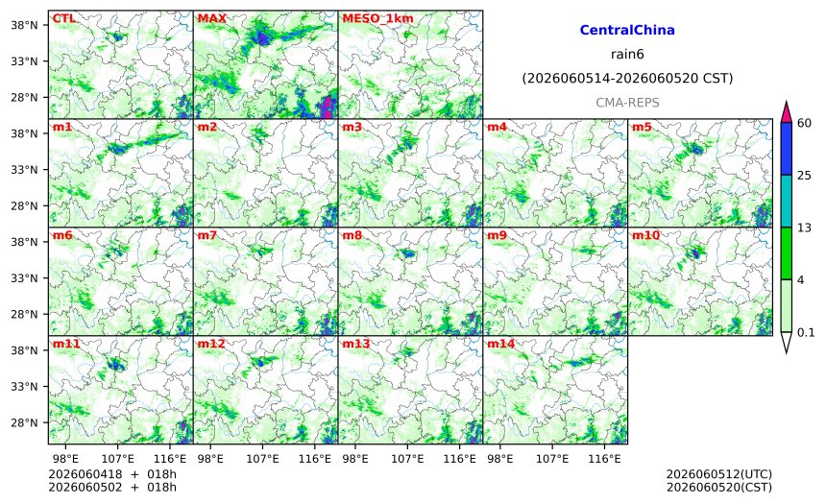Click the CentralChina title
coord(627,30)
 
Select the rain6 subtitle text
coord(627,55)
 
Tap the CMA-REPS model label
coord(627,103)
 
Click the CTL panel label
coord(63,18)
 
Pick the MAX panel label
coord(211,18)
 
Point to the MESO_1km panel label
coord(377,19)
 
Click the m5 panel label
coord(642,127)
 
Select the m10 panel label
coord(645,235)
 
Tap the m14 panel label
coord(500,344)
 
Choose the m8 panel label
coord(352,235)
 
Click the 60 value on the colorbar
coord(804,123)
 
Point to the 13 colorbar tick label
coord(804,228)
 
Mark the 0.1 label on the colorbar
coord(806,333)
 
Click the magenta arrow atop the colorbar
coord(786,112)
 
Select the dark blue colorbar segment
coord(786,149)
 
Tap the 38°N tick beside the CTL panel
coord(24,25)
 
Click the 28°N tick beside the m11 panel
coord(24,423)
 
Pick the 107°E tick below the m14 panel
coord(552,459)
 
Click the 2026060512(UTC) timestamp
coord(719,474)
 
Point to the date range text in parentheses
coord(627,79)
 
